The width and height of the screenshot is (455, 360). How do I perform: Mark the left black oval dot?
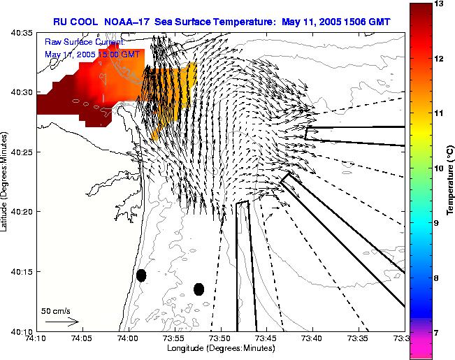tap(141, 275)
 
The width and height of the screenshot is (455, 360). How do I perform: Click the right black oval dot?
tap(198, 289)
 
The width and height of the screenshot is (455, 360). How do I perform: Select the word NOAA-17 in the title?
tap(129, 22)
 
